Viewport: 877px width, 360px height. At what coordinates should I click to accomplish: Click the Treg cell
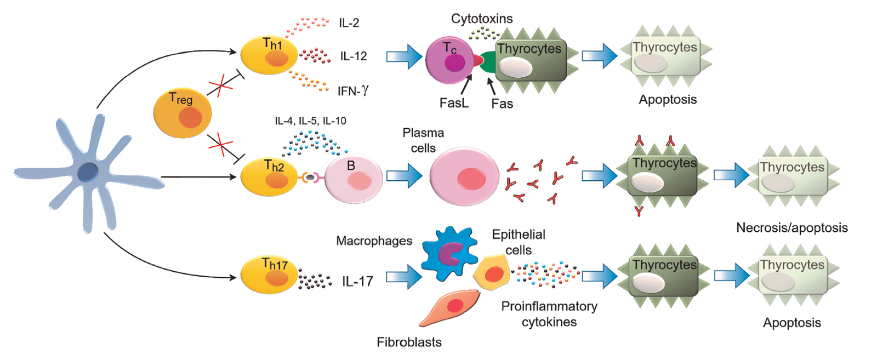(x=183, y=113)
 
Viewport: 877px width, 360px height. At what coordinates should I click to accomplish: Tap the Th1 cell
(x=269, y=55)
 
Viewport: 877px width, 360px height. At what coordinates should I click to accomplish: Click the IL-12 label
(x=353, y=56)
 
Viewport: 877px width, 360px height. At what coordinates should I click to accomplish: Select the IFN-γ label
(x=353, y=90)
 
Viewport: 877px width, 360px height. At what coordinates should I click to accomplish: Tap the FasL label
(x=454, y=103)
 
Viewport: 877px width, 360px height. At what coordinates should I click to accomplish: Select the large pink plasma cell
(x=465, y=176)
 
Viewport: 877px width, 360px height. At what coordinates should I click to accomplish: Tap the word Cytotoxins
(x=482, y=19)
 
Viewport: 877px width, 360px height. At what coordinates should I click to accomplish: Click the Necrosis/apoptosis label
(x=791, y=227)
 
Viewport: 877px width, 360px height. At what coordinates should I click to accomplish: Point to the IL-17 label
(x=357, y=282)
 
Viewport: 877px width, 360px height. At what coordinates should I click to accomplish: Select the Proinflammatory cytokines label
(x=549, y=314)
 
